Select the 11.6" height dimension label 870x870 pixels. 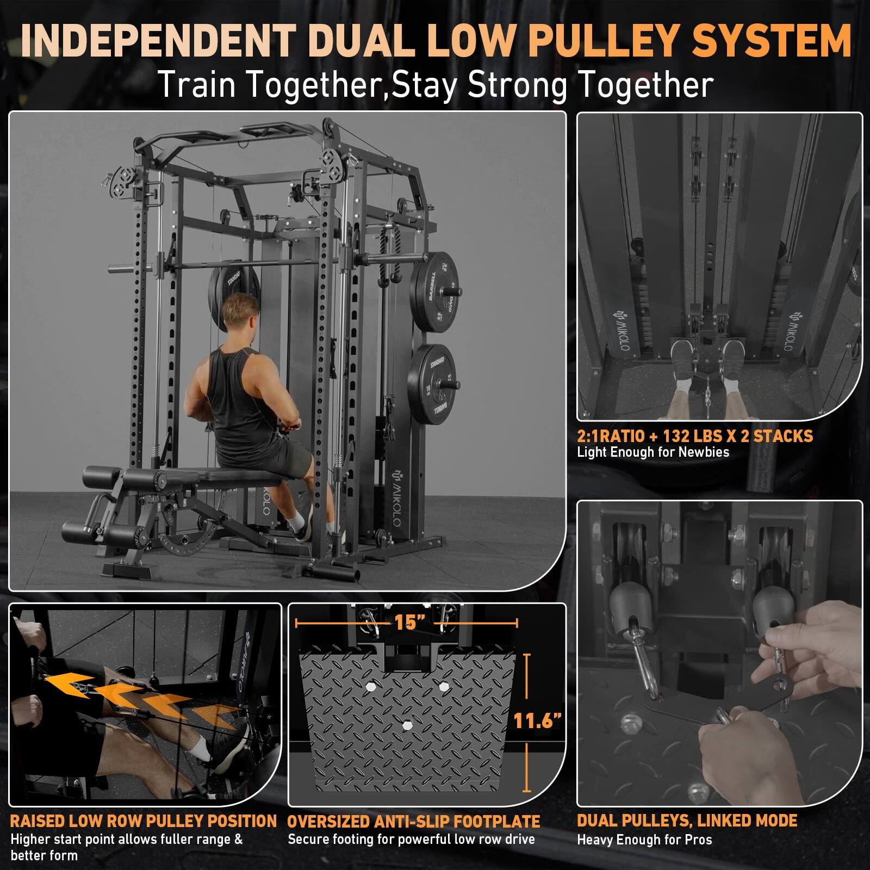coord(537,721)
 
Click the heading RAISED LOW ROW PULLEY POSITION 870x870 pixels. coord(144,821)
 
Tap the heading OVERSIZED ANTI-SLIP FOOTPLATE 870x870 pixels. coord(413,822)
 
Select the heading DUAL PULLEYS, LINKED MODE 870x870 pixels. coord(687,821)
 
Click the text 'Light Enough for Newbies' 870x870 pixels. coord(652,452)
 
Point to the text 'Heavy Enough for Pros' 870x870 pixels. coord(644,840)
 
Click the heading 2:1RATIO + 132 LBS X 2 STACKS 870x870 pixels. coord(694,436)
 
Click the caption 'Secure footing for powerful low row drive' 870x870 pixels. coord(411,840)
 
